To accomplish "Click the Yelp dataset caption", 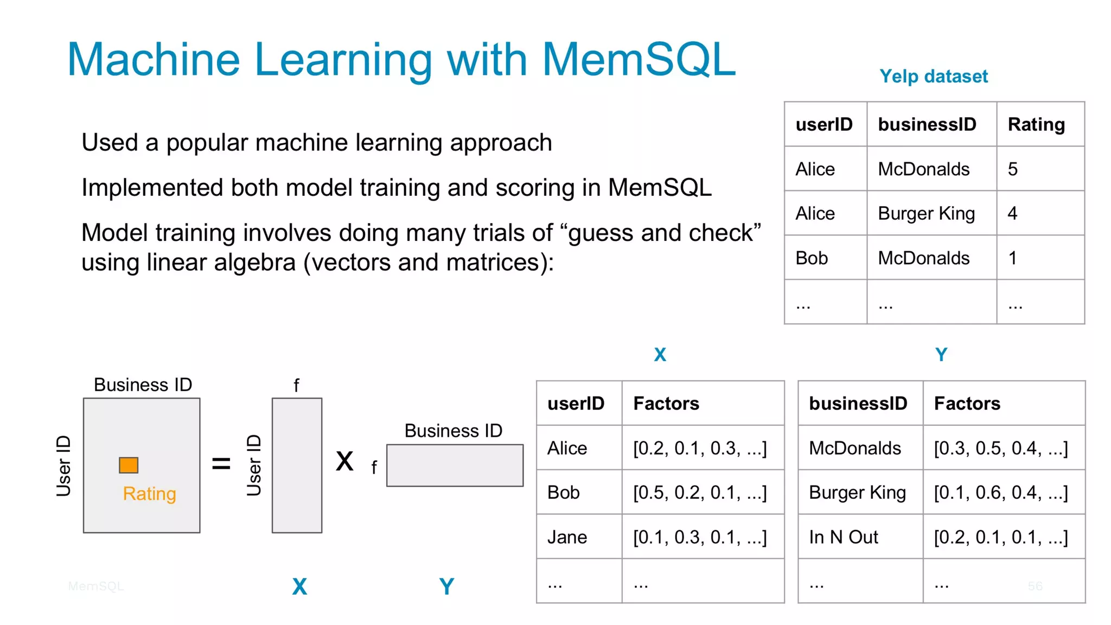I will (x=933, y=76).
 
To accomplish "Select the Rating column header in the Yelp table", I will (x=1036, y=124).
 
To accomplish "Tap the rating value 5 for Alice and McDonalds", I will (x=1013, y=169).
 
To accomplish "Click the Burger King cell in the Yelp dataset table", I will (x=926, y=214).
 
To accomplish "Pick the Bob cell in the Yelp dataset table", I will (x=812, y=258).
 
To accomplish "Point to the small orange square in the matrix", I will (x=129, y=465).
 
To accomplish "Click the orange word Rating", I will (x=149, y=494).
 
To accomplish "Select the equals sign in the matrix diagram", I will (x=221, y=463).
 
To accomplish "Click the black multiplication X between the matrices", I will (x=344, y=462).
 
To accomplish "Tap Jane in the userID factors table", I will (x=567, y=537).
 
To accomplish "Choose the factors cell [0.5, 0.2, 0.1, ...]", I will (x=700, y=493).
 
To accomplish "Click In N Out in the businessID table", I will (x=843, y=537).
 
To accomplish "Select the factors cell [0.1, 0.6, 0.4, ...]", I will (x=1001, y=493).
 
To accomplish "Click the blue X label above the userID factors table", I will (x=660, y=355).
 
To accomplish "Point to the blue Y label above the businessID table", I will (x=941, y=355).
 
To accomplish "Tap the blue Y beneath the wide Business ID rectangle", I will (x=446, y=586).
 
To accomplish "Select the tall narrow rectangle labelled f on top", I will (x=297, y=465).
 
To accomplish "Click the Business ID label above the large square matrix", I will (x=143, y=385).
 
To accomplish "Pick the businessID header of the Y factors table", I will (x=858, y=404).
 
